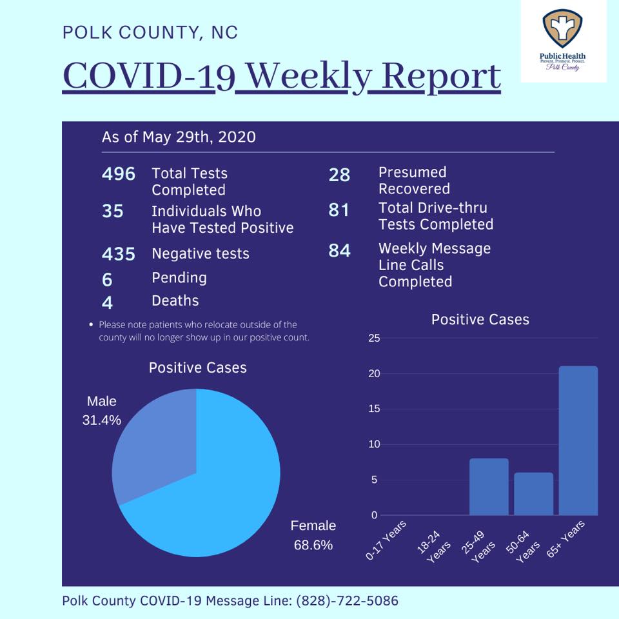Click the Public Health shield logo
click(x=562, y=30)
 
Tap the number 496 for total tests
click(x=119, y=173)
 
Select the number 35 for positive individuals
click(x=112, y=211)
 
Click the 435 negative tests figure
click(x=119, y=254)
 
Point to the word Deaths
click(x=175, y=300)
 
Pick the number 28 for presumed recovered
click(x=339, y=175)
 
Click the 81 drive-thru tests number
click(x=339, y=210)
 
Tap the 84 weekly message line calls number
click(x=340, y=250)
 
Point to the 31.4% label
click(x=101, y=420)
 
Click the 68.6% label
click(x=313, y=545)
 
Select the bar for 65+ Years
click(x=578, y=440)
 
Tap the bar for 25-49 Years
click(x=489, y=487)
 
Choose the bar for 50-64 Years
click(x=533, y=494)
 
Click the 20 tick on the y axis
click(x=374, y=373)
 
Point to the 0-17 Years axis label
click(x=386, y=540)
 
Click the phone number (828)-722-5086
click(x=347, y=600)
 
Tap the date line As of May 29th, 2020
click(x=179, y=137)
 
